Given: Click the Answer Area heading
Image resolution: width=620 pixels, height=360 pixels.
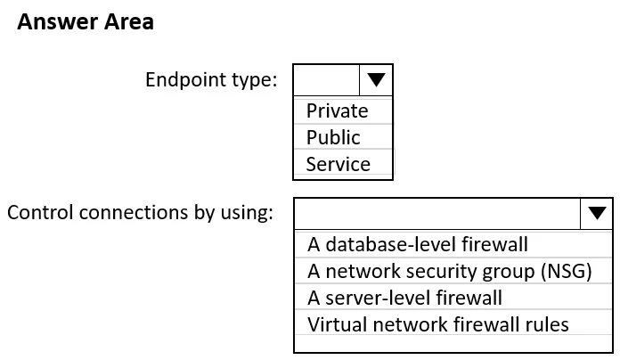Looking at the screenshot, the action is tap(86, 21).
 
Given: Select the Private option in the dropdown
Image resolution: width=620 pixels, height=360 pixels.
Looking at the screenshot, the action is tap(337, 110).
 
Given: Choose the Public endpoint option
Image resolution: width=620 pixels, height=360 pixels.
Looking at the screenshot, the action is tap(333, 137).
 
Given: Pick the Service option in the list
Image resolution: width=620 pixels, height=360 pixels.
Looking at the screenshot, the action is tap(339, 164).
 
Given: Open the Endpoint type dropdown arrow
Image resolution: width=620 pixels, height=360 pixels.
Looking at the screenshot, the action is tap(376, 80).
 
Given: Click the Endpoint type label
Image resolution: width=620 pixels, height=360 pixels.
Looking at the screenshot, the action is tap(211, 80).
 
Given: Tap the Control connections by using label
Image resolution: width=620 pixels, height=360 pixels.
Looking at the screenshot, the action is tap(140, 213).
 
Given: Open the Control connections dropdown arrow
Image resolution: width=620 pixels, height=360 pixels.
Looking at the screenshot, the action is tap(597, 213).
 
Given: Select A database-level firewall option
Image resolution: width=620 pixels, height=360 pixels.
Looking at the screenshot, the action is tap(418, 244).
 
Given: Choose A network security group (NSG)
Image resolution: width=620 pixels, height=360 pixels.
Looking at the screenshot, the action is tap(450, 272).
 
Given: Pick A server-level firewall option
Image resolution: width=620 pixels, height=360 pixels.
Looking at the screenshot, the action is tap(404, 298).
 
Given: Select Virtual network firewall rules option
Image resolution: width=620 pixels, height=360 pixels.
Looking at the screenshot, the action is tap(438, 324).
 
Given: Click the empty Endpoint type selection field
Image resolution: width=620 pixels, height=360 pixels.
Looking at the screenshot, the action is tap(327, 80).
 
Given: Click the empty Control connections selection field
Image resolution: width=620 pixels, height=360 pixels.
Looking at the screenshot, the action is tap(437, 213).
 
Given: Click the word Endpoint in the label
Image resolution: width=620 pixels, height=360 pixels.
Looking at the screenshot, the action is tap(185, 80).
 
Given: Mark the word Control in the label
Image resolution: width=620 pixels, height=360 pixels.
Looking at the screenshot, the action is tap(40, 213).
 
